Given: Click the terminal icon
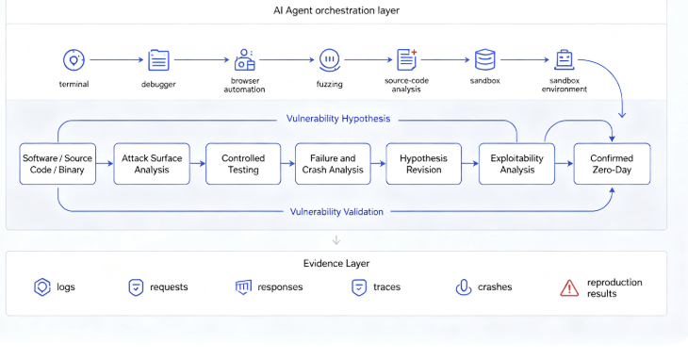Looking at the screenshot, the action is [74, 60].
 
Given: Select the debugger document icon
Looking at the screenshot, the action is [158, 60].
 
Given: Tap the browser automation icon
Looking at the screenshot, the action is [244, 59].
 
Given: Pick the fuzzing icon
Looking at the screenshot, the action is [330, 60].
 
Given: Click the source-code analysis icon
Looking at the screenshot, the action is [407, 59].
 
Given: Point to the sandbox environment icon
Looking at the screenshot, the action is [565, 59].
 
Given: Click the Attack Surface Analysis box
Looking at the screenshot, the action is [152, 164].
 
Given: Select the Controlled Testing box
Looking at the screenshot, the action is [243, 164].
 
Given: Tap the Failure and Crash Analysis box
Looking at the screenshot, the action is [333, 164].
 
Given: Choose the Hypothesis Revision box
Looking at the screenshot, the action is [424, 164].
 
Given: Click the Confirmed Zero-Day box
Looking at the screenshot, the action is [612, 164].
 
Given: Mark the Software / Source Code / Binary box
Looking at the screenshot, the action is [57, 164].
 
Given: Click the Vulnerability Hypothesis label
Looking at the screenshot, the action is [338, 119].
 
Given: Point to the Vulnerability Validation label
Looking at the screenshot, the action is [336, 212].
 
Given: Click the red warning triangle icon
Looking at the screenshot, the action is [569, 288].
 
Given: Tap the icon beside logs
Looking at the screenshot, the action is [42, 287].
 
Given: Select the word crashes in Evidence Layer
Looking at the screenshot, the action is [495, 286].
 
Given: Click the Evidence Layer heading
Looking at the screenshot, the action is [336, 263].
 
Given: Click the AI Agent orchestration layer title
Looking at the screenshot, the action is [336, 10].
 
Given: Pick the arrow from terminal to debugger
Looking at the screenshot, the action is [117, 59].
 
